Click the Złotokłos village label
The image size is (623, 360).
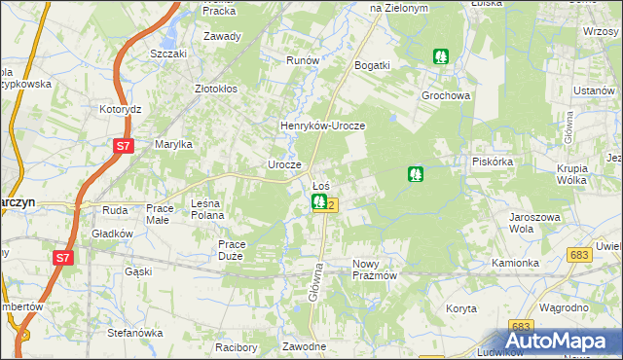pos(216,88)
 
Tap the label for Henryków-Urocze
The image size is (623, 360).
pos(322,126)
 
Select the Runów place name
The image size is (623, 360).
pos(303,60)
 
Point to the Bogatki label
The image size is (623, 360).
pos(373,65)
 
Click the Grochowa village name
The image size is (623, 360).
pos(446,96)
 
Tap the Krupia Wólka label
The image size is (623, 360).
pos(573,174)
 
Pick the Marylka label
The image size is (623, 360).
pos(174,144)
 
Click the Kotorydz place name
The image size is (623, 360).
pos(122,109)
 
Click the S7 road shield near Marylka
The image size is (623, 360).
pos(122,147)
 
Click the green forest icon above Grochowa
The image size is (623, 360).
pos(441,56)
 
